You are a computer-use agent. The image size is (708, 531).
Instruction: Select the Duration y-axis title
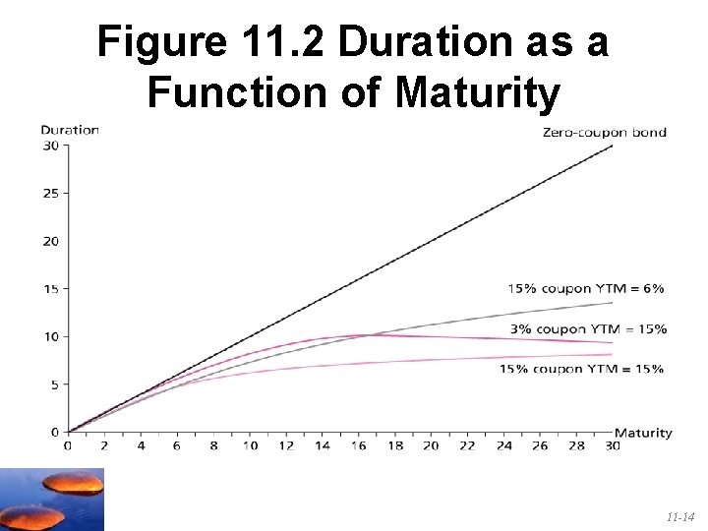[70, 129]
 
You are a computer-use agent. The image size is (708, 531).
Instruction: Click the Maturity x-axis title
[643, 432]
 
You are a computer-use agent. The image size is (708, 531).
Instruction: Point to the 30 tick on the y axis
[50, 146]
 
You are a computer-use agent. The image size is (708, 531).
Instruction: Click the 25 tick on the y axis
[50, 193]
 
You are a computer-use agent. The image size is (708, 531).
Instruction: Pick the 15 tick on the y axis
[50, 288]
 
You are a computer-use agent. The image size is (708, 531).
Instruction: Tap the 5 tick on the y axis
[53, 384]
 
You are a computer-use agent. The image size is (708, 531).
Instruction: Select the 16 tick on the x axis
[358, 445]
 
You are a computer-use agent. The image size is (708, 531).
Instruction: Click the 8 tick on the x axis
[212, 445]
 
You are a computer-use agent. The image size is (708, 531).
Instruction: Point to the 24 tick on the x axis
[503, 445]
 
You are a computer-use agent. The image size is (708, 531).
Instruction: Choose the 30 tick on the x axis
[613, 445]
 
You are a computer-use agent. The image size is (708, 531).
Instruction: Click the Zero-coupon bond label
[604, 133]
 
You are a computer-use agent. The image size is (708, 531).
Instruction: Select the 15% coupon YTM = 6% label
[585, 288]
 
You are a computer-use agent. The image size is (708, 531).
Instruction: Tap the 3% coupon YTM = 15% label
[588, 328]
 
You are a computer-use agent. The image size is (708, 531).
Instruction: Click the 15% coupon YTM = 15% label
[581, 369]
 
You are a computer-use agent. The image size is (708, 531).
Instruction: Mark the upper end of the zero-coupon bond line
[613, 146]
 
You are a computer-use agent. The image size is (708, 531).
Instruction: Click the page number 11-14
[680, 515]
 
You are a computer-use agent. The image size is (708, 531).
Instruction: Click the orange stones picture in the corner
[51, 500]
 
